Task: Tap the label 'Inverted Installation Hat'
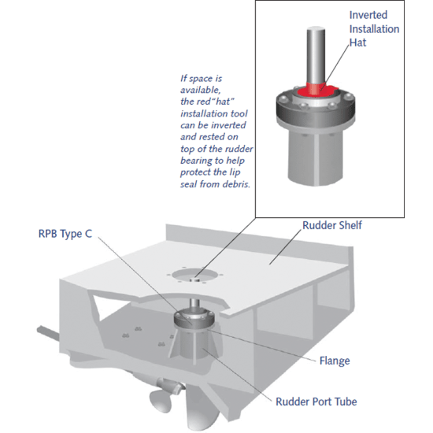click(x=374, y=30)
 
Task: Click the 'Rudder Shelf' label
click(x=331, y=226)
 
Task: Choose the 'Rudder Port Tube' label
click(x=315, y=402)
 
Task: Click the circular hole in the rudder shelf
click(x=197, y=276)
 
